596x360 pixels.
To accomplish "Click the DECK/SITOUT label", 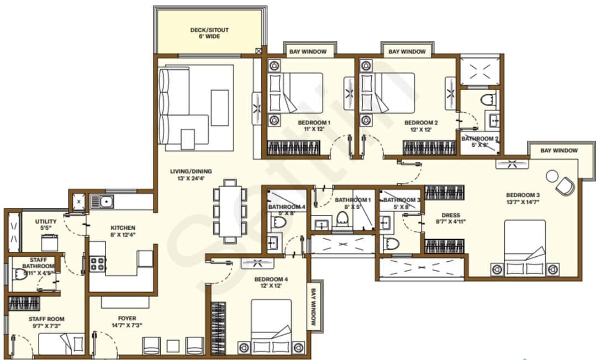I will click(x=209, y=30).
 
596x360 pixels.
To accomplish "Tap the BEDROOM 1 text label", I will click(x=314, y=123).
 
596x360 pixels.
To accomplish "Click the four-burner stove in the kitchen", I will click(x=98, y=263).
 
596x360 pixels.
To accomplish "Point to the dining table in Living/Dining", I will click(x=229, y=211).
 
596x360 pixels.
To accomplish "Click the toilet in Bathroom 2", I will click(x=488, y=100).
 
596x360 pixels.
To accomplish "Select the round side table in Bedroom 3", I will click(x=552, y=176).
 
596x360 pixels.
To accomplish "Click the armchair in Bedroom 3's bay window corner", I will click(x=566, y=186).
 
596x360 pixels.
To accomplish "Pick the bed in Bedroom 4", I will click(x=271, y=326).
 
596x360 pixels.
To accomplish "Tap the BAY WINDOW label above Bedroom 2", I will click(x=407, y=51).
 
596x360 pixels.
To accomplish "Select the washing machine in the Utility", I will click(x=50, y=242).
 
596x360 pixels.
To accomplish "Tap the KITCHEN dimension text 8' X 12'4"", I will click(x=122, y=235).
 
